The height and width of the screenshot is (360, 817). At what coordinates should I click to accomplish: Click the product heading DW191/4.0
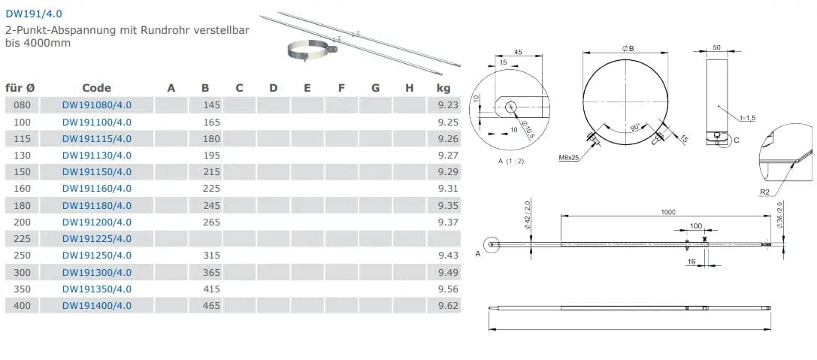(x=34, y=14)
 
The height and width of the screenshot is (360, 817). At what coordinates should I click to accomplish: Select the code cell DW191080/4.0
(x=97, y=105)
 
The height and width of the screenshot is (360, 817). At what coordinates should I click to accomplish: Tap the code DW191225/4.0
(x=97, y=239)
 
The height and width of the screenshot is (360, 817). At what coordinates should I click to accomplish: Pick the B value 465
(x=211, y=306)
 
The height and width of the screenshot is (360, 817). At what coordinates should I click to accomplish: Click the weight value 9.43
(x=449, y=256)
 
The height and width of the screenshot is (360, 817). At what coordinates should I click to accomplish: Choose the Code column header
(x=97, y=88)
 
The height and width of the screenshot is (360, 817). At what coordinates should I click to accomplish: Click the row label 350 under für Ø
(x=22, y=289)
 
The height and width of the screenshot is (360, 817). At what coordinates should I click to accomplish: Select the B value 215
(x=211, y=172)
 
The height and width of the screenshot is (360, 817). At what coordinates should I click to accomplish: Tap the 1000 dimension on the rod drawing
(x=667, y=212)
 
